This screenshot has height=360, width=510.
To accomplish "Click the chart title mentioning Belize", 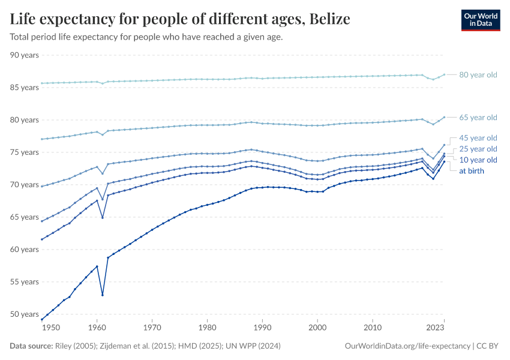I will click(x=180, y=19).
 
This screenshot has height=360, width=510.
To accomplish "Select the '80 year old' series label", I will click(x=478, y=75).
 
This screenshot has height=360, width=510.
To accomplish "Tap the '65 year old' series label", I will click(x=478, y=118).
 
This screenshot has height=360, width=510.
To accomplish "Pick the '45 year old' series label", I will click(x=478, y=138).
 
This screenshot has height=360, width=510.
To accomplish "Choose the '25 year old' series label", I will click(x=478, y=149).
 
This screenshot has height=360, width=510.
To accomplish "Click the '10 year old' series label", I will click(x=478, y=160).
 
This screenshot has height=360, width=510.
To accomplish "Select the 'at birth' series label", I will click(x=472, y=171).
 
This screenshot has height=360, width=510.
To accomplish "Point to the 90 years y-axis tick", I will click(x=25, y=55).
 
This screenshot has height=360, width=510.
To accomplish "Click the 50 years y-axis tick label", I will click(x=25, y=314).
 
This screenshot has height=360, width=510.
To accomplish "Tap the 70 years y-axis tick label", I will click(x=25, y=185).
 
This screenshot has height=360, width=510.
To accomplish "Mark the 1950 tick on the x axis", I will click(x=51, y=328).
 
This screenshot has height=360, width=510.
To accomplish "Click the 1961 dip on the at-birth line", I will click(x=103, y=295).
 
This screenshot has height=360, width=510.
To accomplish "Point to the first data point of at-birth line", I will click(x=41, y=319).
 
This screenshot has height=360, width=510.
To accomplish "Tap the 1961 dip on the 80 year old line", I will click(x=103, y=83).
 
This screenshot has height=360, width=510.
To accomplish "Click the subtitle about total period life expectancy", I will click(x=146, y=37).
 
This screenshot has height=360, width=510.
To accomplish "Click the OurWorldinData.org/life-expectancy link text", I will click(x=408, y=346).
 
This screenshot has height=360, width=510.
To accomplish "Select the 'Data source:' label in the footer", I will click(x=32, y=346).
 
